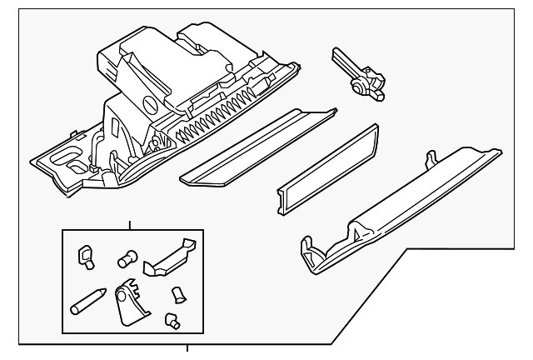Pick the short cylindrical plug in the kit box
(x=127, y=259)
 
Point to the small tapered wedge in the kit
(x=177, y=294)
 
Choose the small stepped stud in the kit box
(x=172, y=318)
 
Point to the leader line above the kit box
(x=128, y=222)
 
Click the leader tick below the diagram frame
(x=186, y=348)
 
